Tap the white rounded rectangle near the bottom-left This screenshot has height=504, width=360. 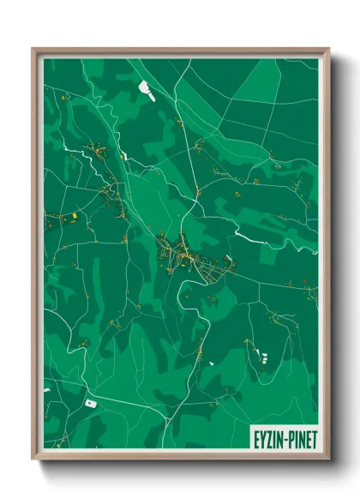pos(89,401)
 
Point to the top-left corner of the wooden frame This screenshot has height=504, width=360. pos(33,49)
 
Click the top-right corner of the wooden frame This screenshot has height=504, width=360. pos(328,49)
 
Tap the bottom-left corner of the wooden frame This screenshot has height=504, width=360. pos(33,460)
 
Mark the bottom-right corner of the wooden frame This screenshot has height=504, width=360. pos(328,460)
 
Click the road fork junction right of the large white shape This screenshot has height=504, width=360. pos(177,86)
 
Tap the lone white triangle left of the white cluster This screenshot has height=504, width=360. pos(211,363)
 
